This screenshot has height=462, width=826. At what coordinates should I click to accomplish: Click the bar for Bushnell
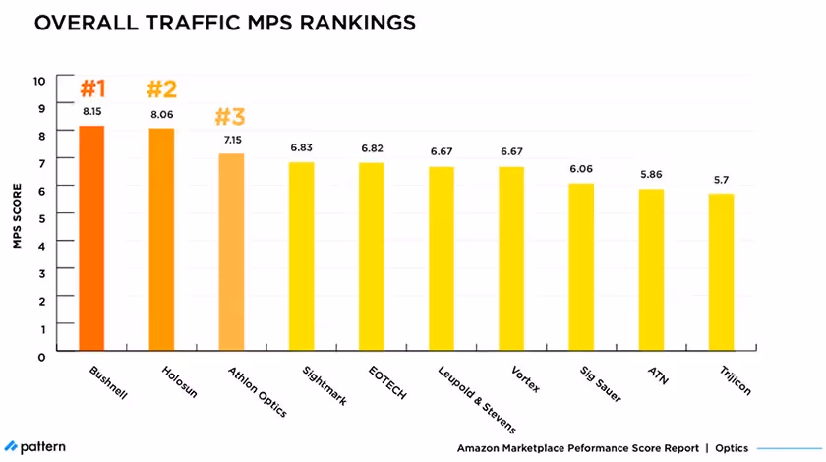tap(92, 238)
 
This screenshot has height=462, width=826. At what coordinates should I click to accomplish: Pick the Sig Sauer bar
tap(581, 266)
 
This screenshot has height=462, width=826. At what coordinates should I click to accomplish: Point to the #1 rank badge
tap(92, 89)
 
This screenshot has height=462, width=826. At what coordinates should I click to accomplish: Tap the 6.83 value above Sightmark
tap(301, 147)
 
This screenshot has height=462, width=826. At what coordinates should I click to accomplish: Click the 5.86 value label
tap(651, 174)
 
